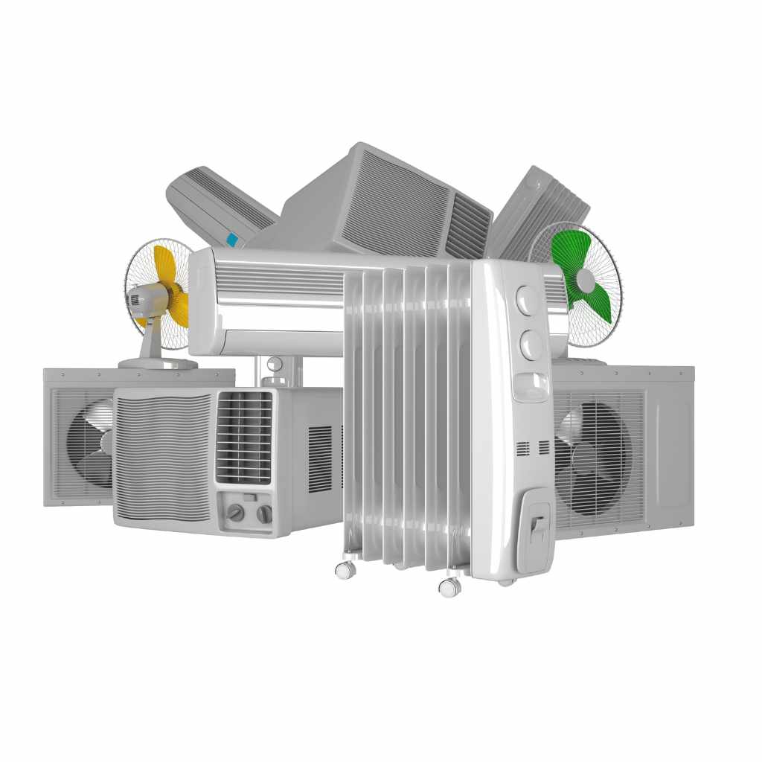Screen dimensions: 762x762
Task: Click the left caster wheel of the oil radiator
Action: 345,570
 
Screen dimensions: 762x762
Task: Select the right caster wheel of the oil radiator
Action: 449,586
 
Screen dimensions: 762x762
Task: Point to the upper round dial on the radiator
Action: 528,301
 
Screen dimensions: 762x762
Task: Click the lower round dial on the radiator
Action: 531,345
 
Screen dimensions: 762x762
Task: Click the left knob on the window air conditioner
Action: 236,513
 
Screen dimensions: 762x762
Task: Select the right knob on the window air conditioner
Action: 264,513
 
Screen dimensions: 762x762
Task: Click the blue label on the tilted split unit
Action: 232,240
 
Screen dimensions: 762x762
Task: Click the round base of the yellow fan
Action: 158,363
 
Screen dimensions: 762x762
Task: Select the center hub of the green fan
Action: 586,281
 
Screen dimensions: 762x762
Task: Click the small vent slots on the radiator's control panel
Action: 533,448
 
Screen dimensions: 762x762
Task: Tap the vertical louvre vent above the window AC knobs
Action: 244,438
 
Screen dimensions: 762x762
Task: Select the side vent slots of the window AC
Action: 320,458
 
